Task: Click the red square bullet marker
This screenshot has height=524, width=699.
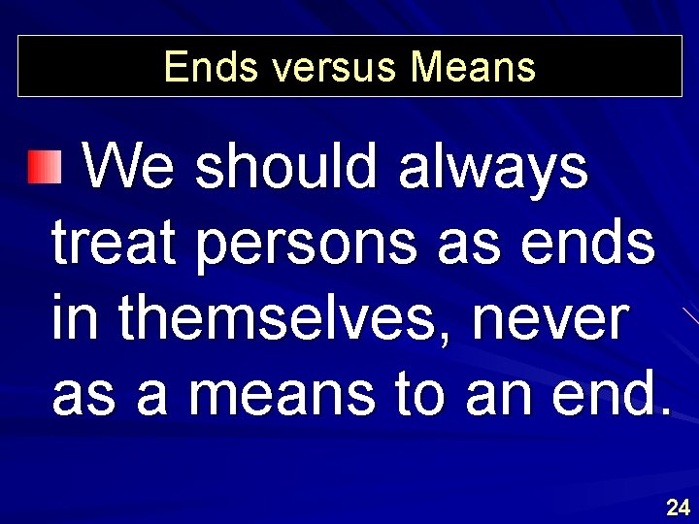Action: click(43, 168)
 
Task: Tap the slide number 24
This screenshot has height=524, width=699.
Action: click(678, 507)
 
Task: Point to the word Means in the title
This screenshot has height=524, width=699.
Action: click(473, 67)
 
